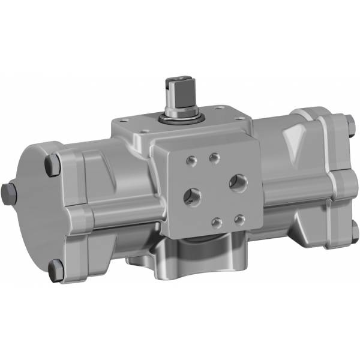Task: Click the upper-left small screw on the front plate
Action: tap(191, 161)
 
